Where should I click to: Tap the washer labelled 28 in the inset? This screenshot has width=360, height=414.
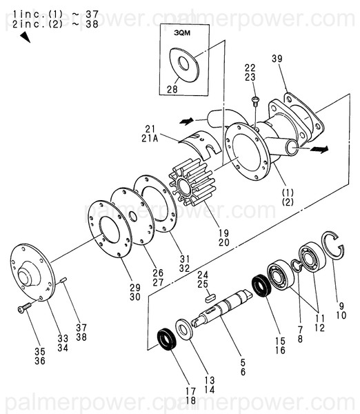(x=183, y=64)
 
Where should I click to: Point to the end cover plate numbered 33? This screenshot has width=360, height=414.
(x=33, y=274)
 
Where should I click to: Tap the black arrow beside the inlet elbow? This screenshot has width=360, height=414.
(x=186, y=121)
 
